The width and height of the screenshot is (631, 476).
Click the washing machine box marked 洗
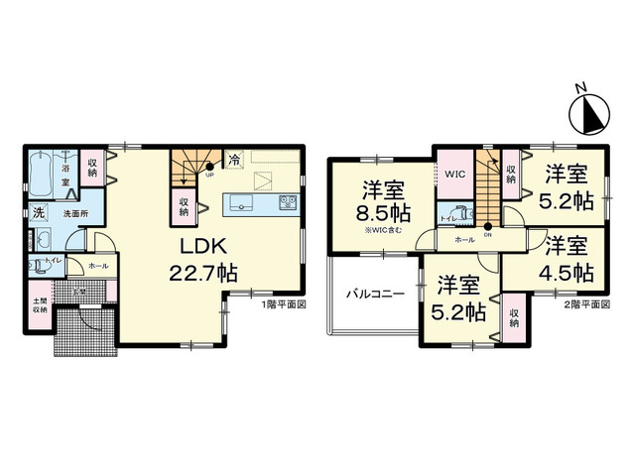[38, 211]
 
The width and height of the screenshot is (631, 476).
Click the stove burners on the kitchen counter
[287, 203]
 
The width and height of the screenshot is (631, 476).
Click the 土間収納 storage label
[39, 303]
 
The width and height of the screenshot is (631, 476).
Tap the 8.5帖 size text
[381, 213]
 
